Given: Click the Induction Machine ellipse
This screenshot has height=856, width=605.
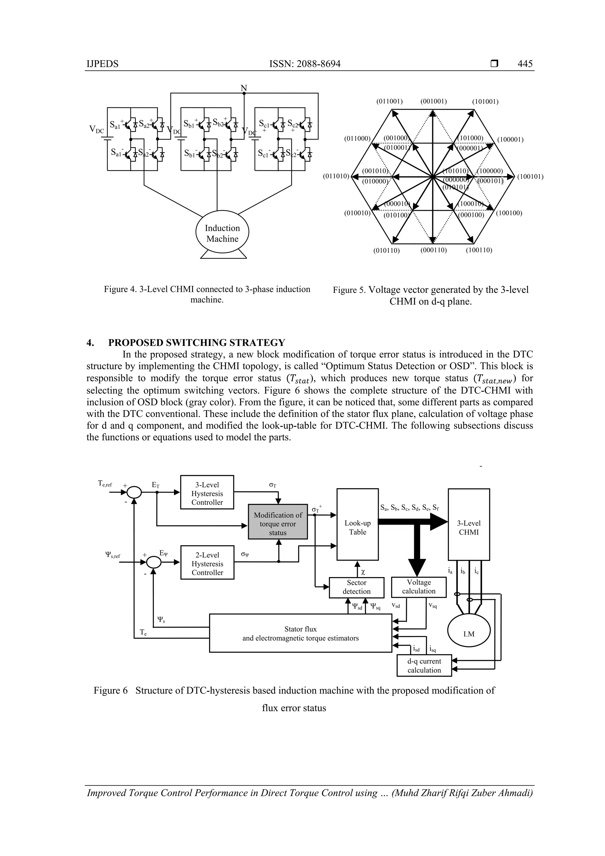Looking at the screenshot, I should pyautogui.click(x=222, y=233).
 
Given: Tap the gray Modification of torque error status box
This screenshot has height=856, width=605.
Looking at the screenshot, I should pyautogui.click(x=278, y=524).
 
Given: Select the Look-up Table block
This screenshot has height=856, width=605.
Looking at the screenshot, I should pyautogui.click(x=357, y=527).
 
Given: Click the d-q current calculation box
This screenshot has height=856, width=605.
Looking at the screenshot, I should pyautogui.click(x=424, y=665).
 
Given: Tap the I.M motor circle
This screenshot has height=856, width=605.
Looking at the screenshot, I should pyautogui.click(x=469, y=634).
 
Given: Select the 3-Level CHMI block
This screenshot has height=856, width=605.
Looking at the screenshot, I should pyautogui.click(x=469, y=527).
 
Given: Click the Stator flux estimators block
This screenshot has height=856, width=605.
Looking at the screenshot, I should pyautogui.click(x=300, y=634).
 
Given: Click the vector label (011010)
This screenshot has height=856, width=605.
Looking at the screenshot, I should pyautogui.click(x=336, y=176).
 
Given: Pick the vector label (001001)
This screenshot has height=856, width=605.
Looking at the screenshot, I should pyautogui.click(x=434, y=101).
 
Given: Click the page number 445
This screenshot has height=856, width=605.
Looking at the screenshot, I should pyautogui.click(x=525, y=64).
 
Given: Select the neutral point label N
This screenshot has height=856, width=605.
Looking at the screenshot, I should pyautogui.click(x=244, y=88).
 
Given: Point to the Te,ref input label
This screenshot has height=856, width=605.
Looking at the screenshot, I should pyautogui.click(x=105, y=484).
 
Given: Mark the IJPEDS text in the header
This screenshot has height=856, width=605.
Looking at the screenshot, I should pyautogui.click(x=103, y=64).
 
